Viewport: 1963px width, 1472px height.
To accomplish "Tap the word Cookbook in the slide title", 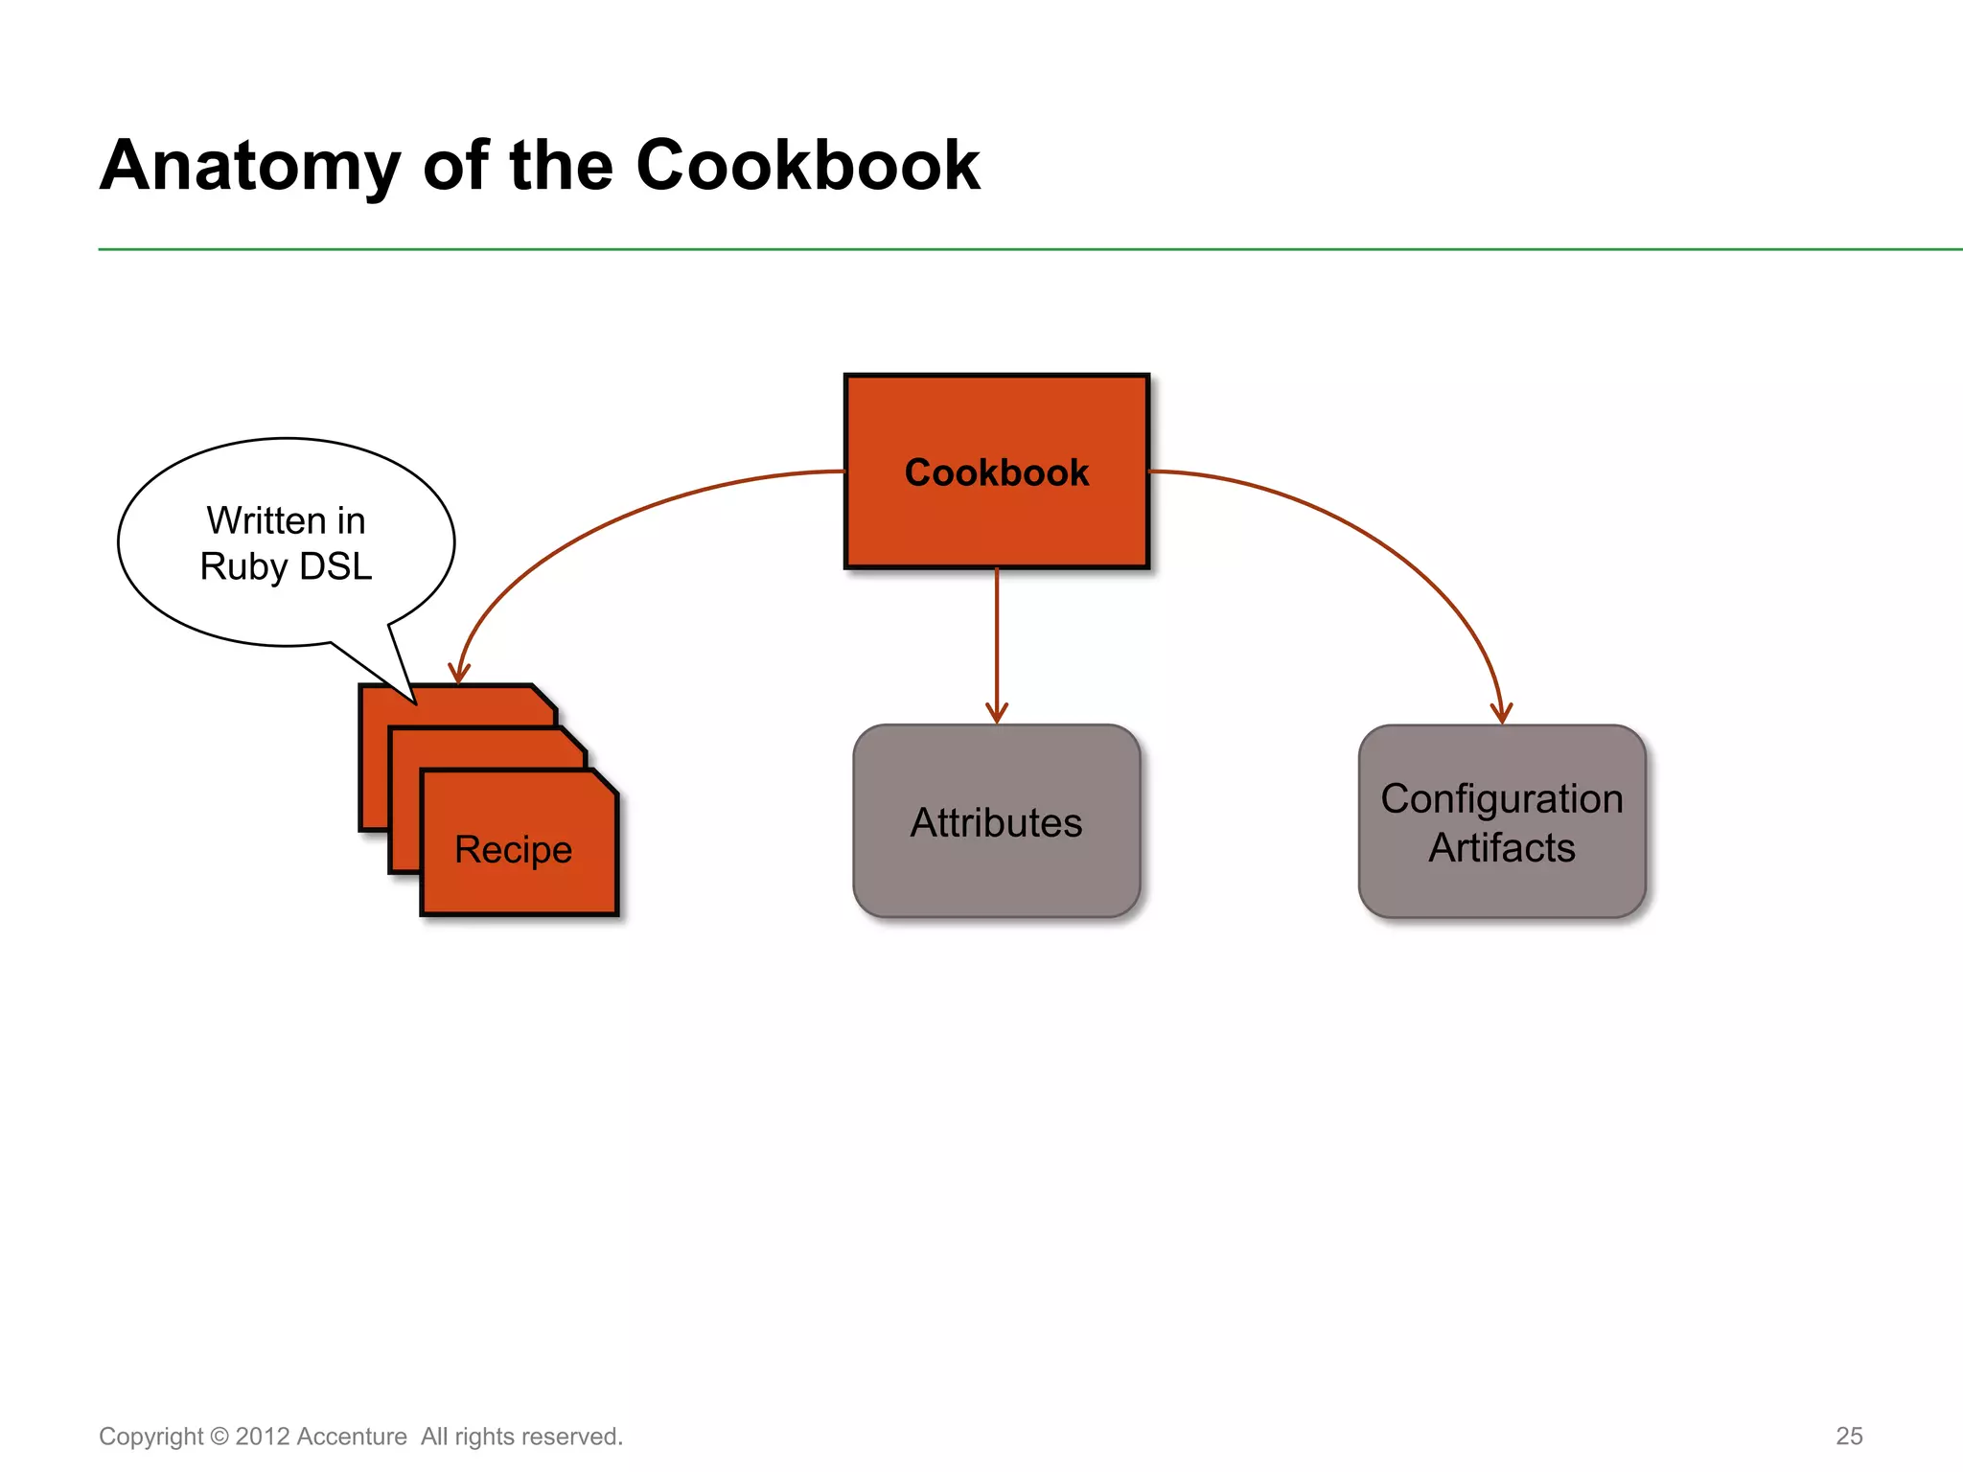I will tap(807, 166).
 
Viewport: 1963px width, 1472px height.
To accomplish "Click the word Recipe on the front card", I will tap(513, 850).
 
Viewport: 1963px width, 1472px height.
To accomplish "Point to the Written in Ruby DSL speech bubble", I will tap(286, 542).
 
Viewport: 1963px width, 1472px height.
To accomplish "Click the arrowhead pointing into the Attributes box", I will tap(997, 713).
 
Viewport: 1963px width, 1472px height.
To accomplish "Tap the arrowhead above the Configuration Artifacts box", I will tap(1501, 713).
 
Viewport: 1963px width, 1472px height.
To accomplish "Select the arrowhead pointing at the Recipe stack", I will tap(459, 673).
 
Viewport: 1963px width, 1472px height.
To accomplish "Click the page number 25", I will tap(1849, 1436).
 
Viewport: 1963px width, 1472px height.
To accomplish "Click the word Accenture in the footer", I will tap(352, 1437).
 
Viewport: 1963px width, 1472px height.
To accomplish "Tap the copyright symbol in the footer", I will tap(219, 1437).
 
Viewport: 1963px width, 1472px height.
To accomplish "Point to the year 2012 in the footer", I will tap(263, 1437).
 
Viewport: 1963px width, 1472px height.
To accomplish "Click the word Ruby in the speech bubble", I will tap(243, 566).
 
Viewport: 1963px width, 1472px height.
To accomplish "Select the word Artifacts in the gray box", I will tap(1501, 848).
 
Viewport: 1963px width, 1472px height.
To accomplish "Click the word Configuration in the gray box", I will tap(1501, 798).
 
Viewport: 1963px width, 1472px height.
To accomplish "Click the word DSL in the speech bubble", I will tap(335, 566).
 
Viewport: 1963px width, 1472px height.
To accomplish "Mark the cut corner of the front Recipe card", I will tap(606, 782).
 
